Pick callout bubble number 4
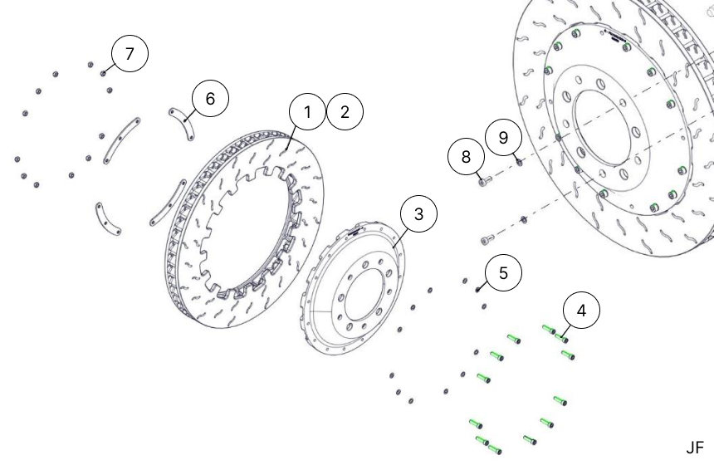(581, 311)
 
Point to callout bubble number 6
(209, 99)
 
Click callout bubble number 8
(466, 156)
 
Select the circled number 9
(504, 136)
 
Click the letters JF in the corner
(695, 448)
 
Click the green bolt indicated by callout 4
(562, 337)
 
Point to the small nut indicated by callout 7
(105, 74)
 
